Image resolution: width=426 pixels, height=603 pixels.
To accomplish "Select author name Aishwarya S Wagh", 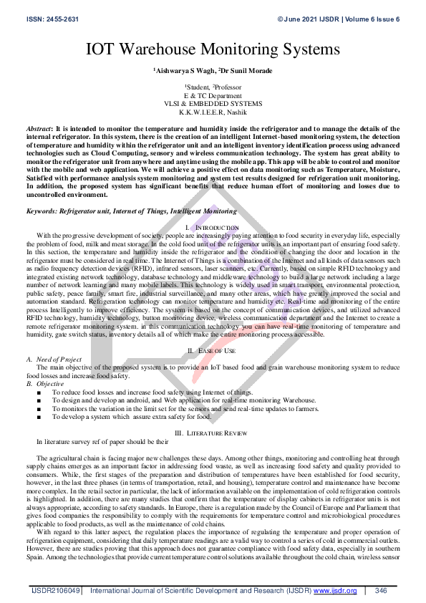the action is (185, 72).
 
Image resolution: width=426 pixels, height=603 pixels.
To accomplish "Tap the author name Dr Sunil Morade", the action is (246, 72).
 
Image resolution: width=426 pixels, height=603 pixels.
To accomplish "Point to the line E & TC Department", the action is (213, 95).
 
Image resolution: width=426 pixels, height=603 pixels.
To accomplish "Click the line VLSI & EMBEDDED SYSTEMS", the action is (213, 102).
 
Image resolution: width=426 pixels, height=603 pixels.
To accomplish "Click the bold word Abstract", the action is (39, 125).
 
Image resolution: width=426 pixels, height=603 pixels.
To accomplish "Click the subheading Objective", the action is (49, 383).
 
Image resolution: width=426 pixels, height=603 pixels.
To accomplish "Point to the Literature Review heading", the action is (221, 433).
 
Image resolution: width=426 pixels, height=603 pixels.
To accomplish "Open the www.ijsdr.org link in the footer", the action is (335, 591).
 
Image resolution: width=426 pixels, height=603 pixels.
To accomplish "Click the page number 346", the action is (381, 591).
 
